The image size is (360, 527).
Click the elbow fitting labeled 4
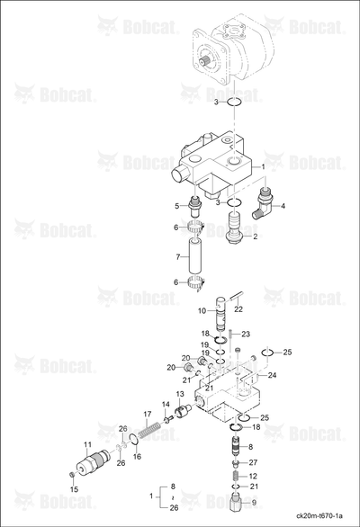point(263,205)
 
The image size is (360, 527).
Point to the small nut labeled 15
point(71,474)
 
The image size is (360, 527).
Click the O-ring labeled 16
point(133,439)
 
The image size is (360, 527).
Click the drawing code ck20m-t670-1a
point(321,515)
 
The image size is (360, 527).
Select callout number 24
point(272,375)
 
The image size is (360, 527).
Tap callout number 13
point(180,394)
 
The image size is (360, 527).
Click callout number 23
point(246,334)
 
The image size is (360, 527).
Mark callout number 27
point(253,462)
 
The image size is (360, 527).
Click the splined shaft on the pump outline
point(204,61)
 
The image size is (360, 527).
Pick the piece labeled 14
point(168,419)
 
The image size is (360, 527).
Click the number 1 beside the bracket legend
point(151,496)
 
